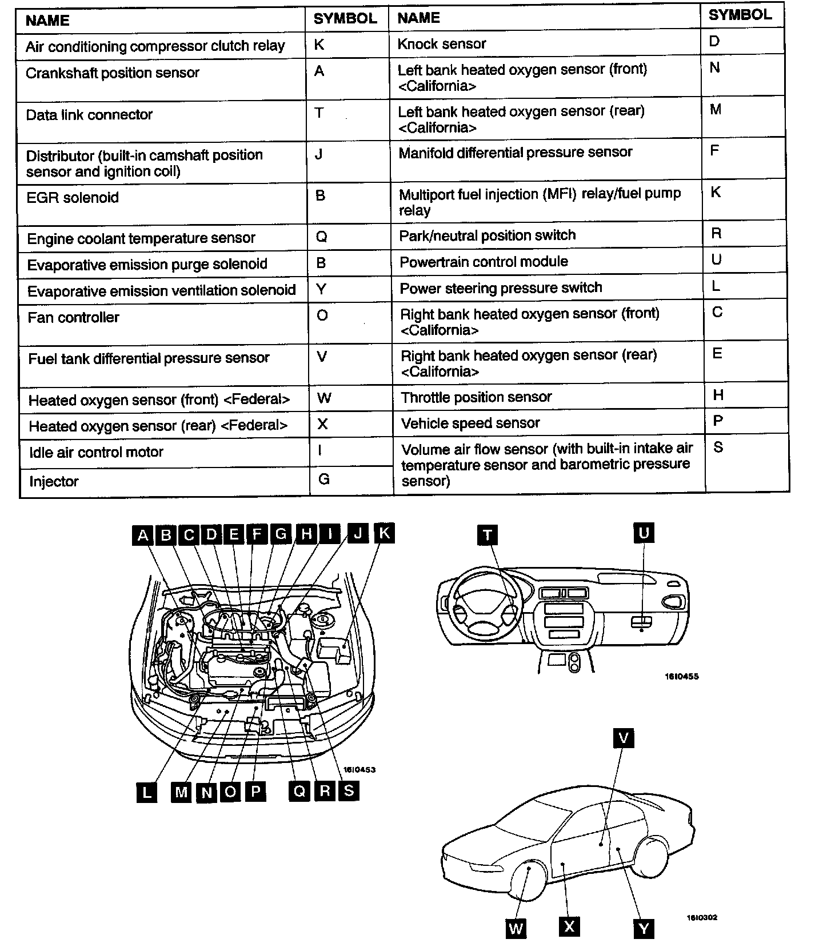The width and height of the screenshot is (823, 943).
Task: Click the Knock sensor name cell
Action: pyautogui.click(x=441, y=44)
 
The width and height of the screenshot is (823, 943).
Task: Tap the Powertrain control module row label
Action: pyautogui.click(x=484, y=262)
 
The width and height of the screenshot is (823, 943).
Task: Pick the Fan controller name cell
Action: pyautogui.click(x=74, y=318)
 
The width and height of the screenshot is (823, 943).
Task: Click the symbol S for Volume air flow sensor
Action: pyautogui.click(x=718, y=447)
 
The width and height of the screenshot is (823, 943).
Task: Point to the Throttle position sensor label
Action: pyautogui.click(x=476, y=397)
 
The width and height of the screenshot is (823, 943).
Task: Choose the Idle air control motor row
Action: pyautogui.click(x=96, y=452)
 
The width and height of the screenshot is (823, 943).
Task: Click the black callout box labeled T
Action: pyautogui.click(x=488, y=535)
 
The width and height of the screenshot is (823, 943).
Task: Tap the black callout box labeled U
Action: pyautogui.click(x=644, y=533)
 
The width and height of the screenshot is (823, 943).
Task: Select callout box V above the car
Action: pyautogui.click(x=624, y=738)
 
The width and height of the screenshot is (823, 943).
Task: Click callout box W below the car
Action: pyautogui.click(x=516, y=928)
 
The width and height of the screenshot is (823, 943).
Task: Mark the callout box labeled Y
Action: pyautogui.click(x=644, y=928)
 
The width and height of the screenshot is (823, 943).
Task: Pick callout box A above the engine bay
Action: pyautogui.click(x=143, y=535)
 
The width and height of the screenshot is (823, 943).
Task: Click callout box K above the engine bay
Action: pyautogui.click(x=384, y=533)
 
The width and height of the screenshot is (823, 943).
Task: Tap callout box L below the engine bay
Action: pyautogui.click(x=147, y=792)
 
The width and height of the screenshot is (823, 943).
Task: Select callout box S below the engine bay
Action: pyautogui.click(x=349, y=790)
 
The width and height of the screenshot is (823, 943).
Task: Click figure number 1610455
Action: pyautogui.click(x=681, y=677)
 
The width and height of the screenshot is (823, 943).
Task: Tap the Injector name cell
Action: pyautogui.click(x=54, y=482)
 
